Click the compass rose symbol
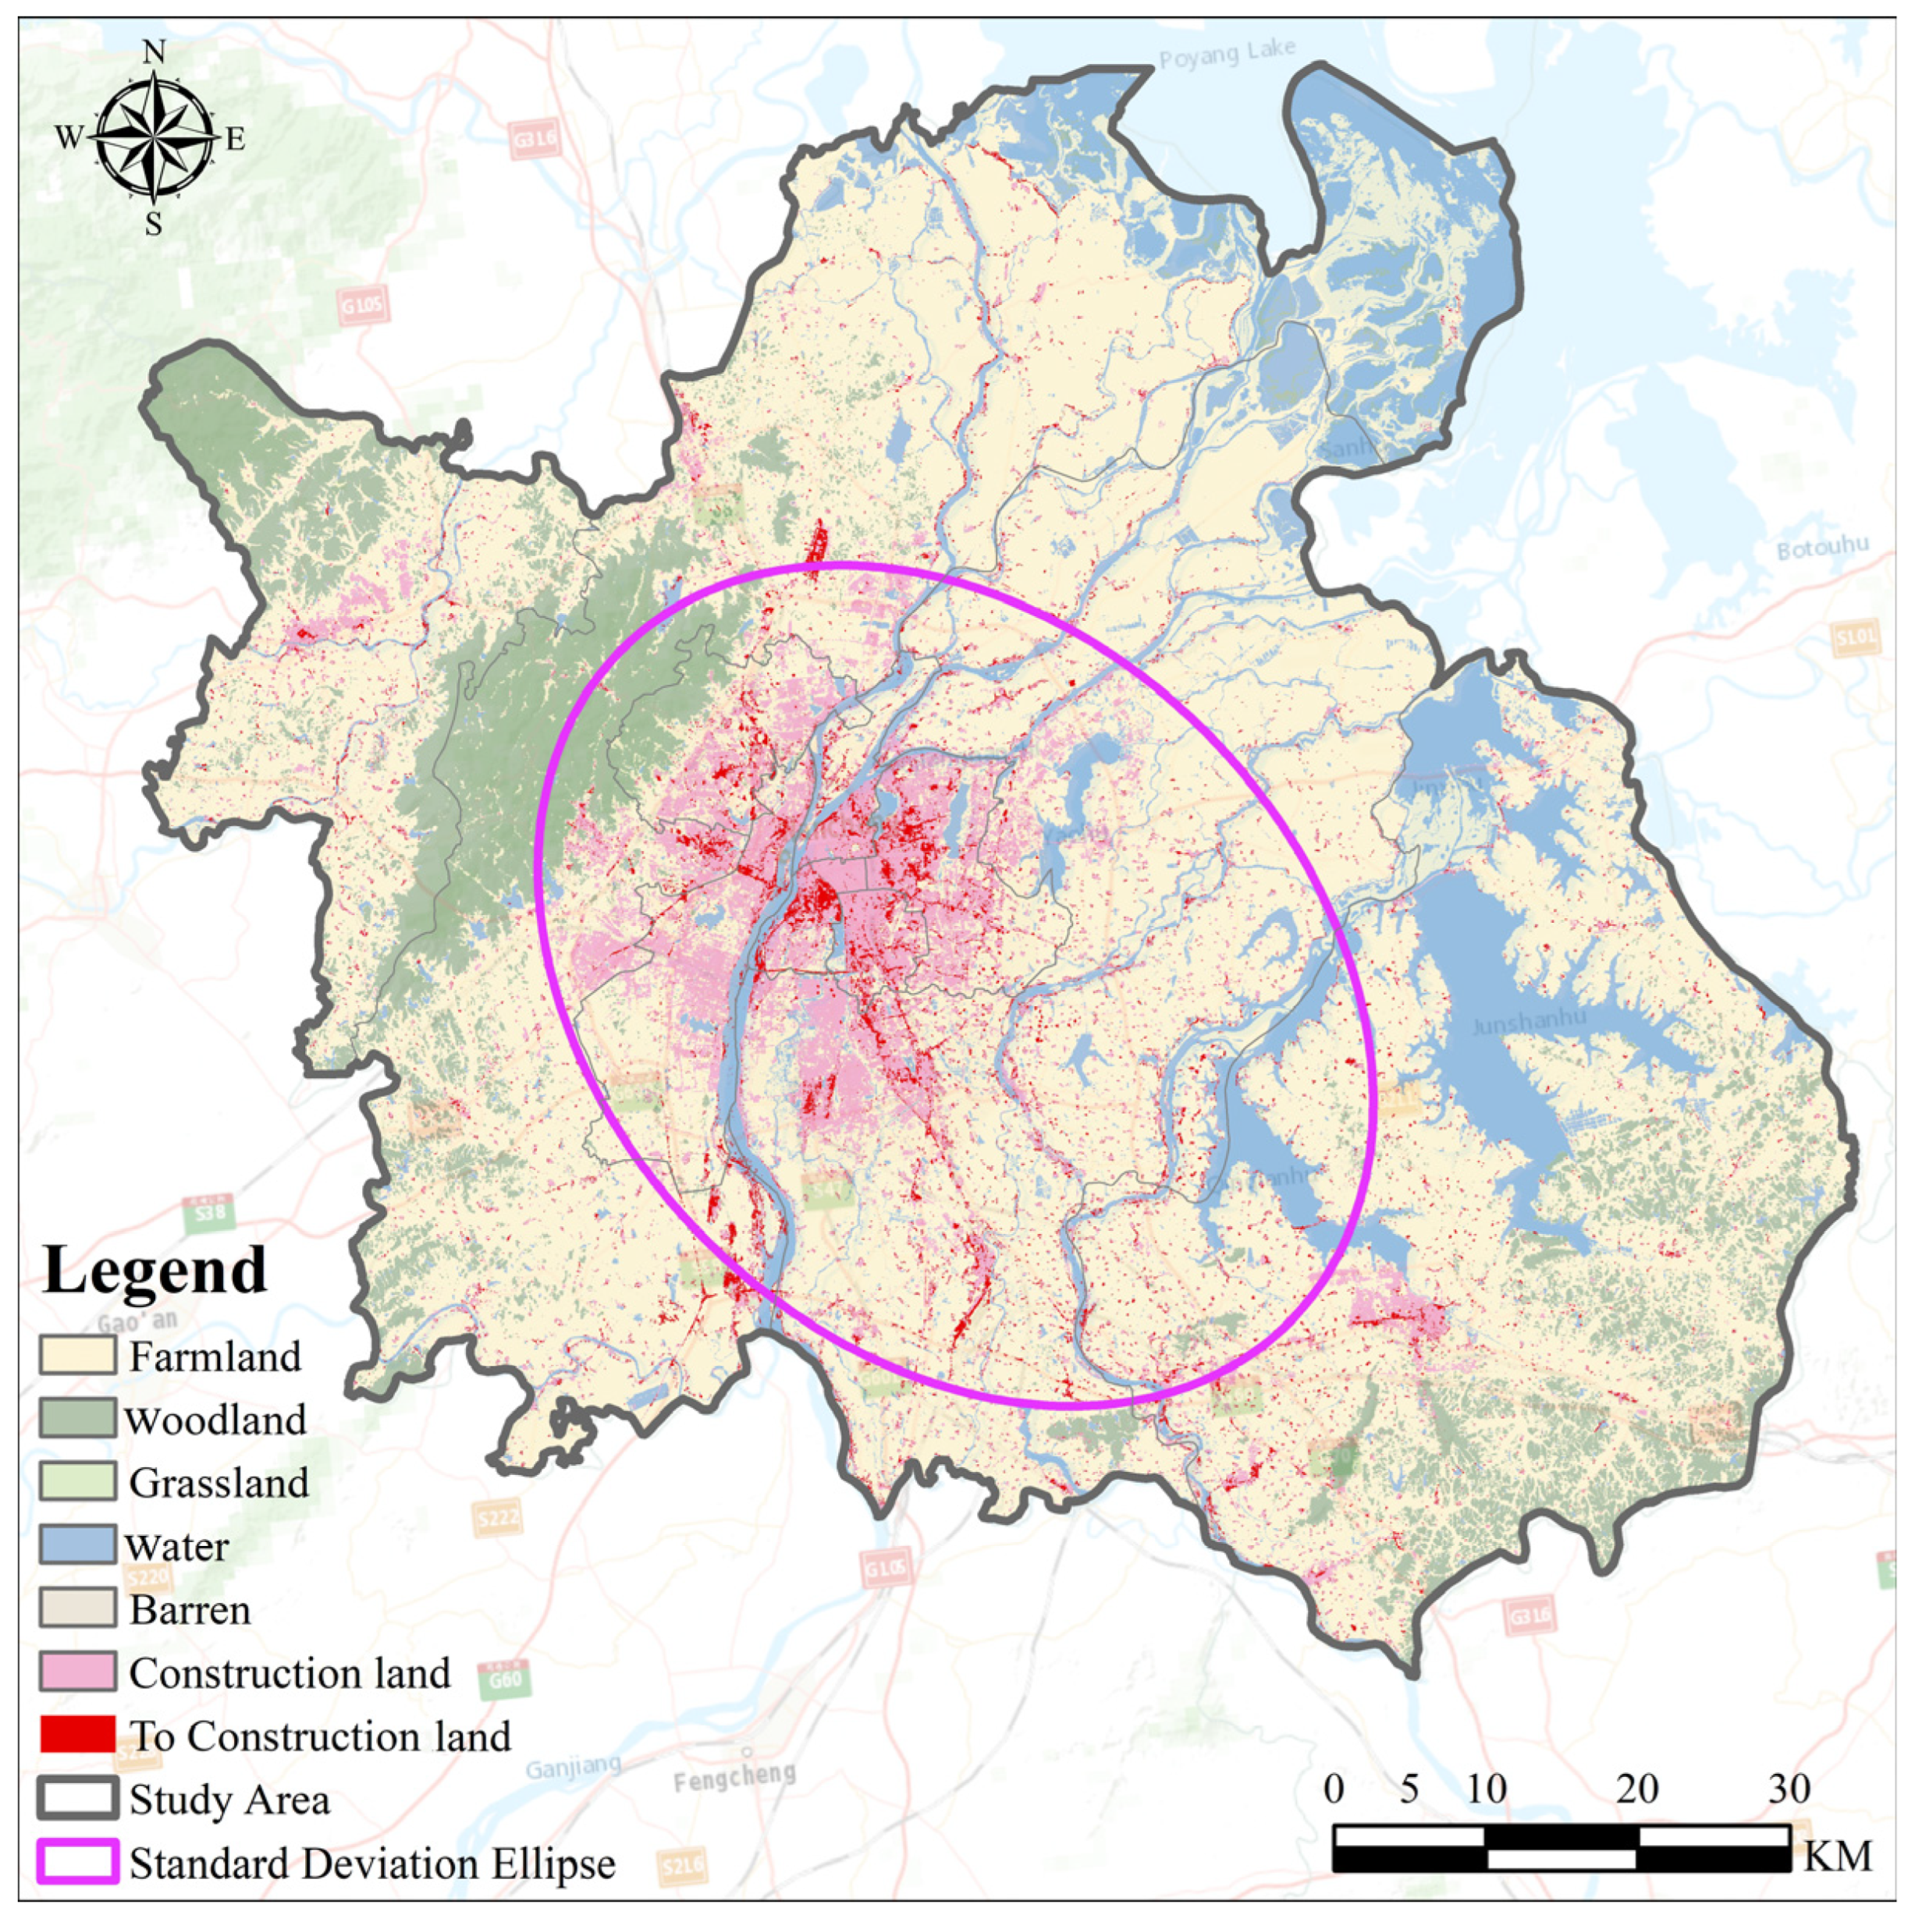pyautogui.click(x=155, y=137)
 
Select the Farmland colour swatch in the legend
pyautogui.click(x=77, y=1356)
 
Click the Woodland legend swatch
pyautogui.click(x=77, y=1419)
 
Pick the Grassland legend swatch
pyautogui.click(x=77, y=1482)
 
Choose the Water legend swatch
pyautogui.click(x=77, y=1546)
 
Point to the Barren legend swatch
pyautogui.click(x=77, y=1608)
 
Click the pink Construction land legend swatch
pyautogui.click(x=77, y=1672)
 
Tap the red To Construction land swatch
pyautogui.click(x=77, y=1735)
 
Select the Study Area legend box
pyautogui.click(x=77, y=1799)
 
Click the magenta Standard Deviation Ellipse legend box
pyautogui.click(x=77, y=1862)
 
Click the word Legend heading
pyautogui.click(x=155, y=1271)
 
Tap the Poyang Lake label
pyautogui.click(x=1228, y=54)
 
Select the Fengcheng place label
pyautogui.click(x=734, y=1777)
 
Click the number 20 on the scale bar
pyautogui.click(x=1636, y=1789)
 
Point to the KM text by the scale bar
pyautogui.click(x=1838, y=1856)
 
